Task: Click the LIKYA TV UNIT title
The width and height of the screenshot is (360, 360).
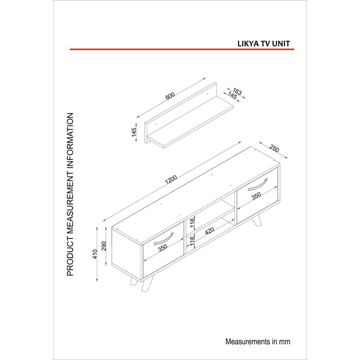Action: click(x=264, y=44)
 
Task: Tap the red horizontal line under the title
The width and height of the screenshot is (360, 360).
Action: click(x=182, y=49)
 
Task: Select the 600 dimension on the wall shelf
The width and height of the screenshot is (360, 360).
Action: click(x=170, y=96)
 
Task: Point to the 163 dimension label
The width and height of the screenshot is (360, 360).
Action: click(x=237, y=91)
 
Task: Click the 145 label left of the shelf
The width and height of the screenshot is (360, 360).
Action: click(x=134, y=132)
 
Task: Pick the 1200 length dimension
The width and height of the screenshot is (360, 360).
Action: click(x=171, y=180)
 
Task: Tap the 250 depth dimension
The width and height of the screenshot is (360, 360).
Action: click(x=274, y=148)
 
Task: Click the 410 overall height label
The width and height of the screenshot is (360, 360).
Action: click(x=94, y=254)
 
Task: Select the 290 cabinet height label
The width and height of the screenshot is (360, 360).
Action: click(x=104, y=246)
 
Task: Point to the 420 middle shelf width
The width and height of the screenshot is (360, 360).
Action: click(x=209, y=231)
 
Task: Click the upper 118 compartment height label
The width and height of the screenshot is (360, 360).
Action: click(x=192, y=223)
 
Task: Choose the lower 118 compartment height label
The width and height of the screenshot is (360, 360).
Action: click(x=192, y=242)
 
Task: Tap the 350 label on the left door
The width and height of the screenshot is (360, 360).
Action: click(x=162, y=248)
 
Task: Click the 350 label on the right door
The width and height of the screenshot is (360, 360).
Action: click(x=256, y=196)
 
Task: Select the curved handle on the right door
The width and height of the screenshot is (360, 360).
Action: click(x=257, y=185)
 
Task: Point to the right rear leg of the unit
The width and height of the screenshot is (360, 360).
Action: click(x=256, y=221)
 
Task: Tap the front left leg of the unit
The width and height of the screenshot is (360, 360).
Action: click(x=148, y=284)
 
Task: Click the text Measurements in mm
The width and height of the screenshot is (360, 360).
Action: click(x=257, y=342)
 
